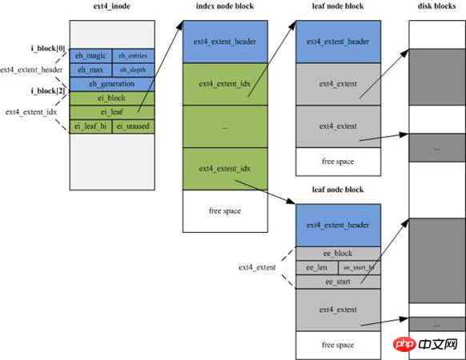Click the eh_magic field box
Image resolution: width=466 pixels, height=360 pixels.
[91, 56]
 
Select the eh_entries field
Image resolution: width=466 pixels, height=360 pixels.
[134, 56]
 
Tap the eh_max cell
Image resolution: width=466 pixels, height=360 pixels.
[91, 70]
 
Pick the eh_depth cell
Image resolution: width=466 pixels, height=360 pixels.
[134, 70]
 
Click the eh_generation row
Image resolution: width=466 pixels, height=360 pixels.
[112, 84]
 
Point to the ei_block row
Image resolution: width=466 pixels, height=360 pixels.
[112, 98]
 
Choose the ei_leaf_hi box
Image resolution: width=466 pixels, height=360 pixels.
[91, 126]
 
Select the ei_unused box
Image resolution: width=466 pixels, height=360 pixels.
[134, 126]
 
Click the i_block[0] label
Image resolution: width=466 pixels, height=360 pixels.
[48, 48]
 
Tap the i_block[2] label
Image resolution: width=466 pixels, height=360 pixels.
[48, 90]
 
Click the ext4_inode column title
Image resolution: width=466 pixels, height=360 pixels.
[112, 6]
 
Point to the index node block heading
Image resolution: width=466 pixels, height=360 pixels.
[225, 6]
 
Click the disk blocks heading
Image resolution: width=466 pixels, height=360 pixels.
[436, 6]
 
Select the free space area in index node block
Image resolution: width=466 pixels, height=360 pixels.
[225, 211]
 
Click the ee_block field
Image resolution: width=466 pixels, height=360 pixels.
[338, 254]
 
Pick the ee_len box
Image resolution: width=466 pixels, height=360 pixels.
[317, 268]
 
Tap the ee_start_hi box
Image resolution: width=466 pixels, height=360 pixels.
[360, 268]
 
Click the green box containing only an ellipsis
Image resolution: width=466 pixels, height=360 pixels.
[225, 126]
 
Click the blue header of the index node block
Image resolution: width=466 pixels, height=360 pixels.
[225, 42]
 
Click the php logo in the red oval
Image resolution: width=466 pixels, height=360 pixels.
[405, 344]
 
